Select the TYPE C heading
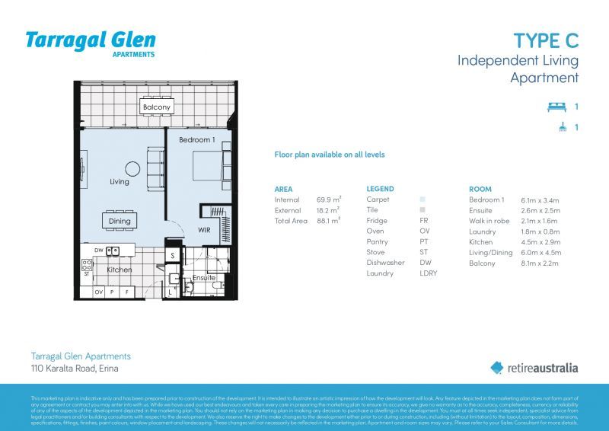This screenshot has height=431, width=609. (546, 40)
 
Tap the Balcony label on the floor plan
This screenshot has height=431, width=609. (157, 108)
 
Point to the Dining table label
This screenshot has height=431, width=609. (120, 221)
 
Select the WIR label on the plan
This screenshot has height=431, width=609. (204, 228)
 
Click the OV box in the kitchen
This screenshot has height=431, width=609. (99, 292)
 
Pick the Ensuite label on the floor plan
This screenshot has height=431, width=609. (202, 278)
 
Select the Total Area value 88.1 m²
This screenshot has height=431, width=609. (328, 221)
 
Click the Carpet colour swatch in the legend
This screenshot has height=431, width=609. (422, 200)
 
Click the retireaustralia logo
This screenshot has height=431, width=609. (534, 368)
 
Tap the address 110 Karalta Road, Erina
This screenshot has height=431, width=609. (75, 369)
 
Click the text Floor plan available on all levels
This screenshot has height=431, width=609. (330, 155)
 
